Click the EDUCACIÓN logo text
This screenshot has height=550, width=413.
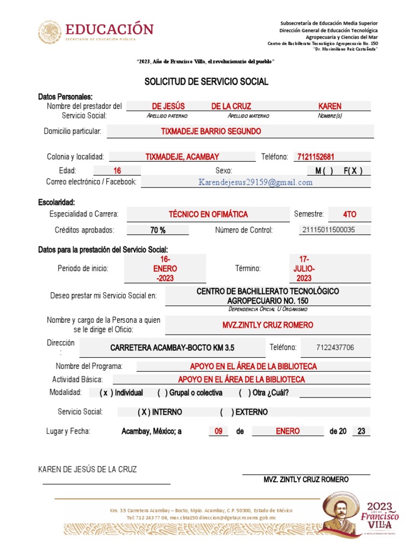pyautogui.click(x=109, y=29)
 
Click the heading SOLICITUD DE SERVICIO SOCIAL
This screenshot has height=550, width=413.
pyautogui.click(x=206, y=82)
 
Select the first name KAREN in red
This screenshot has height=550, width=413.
pyautogui.click(x=330, y=106)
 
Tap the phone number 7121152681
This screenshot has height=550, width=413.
pyautogui.click(x=315, y=157)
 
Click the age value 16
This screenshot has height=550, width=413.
pyautogui.click(x=117, y=171)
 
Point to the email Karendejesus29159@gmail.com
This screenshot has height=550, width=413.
pyautogui.click(x=255, y=183)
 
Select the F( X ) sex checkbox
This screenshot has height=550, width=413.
pyautogui.click(x=353, y=171)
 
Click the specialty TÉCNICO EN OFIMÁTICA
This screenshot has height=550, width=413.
pyautogui.click(x=208, y=214)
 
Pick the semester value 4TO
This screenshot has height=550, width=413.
pyautogui.click(x=349, y=214)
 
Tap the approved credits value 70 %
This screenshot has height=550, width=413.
pyautogui.click(x=158, y=230)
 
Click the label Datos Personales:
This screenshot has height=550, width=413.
pyautogui.click(x=65, y=97)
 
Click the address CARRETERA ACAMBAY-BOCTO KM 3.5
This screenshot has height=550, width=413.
pyautogui.click(x=172, y=348)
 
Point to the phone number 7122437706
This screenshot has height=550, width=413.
pyautogui.click(x=335, y=348)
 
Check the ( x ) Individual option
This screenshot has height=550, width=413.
pyautogui.click(x=121, y=393)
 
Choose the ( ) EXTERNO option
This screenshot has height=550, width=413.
pyautogui.click(x=244, y=412)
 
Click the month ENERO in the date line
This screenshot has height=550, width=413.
pyautogui.click(x=288, y=431)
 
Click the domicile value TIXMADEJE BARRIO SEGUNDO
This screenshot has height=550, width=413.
pyautogui.click(x=211, y=132)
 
